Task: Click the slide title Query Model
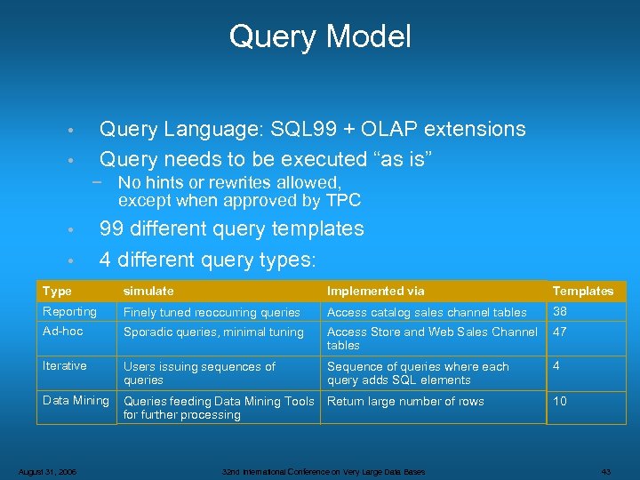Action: (x=320, y=37)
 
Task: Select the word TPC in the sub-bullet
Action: (x=342, y=200)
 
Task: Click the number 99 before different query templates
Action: (x=111, y=229)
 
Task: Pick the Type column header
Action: (x=58, y=292)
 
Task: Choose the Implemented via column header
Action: (x=376, y=292)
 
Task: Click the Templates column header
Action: (x=583, y=292)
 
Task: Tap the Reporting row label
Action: (x=70, y=312)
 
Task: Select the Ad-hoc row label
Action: (x=63, y=332)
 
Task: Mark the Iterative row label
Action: (x=65, y=366)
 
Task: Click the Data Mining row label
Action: (x=76, y=401)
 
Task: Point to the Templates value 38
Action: (x=560, y=312)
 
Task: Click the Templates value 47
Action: (x=560, y=332)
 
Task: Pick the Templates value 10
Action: (x=560, y=402)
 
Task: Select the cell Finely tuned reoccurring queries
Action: (x=212, y=313)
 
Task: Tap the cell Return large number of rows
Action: (x=405, y=402)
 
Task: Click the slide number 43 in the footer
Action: (x=607, y=471)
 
